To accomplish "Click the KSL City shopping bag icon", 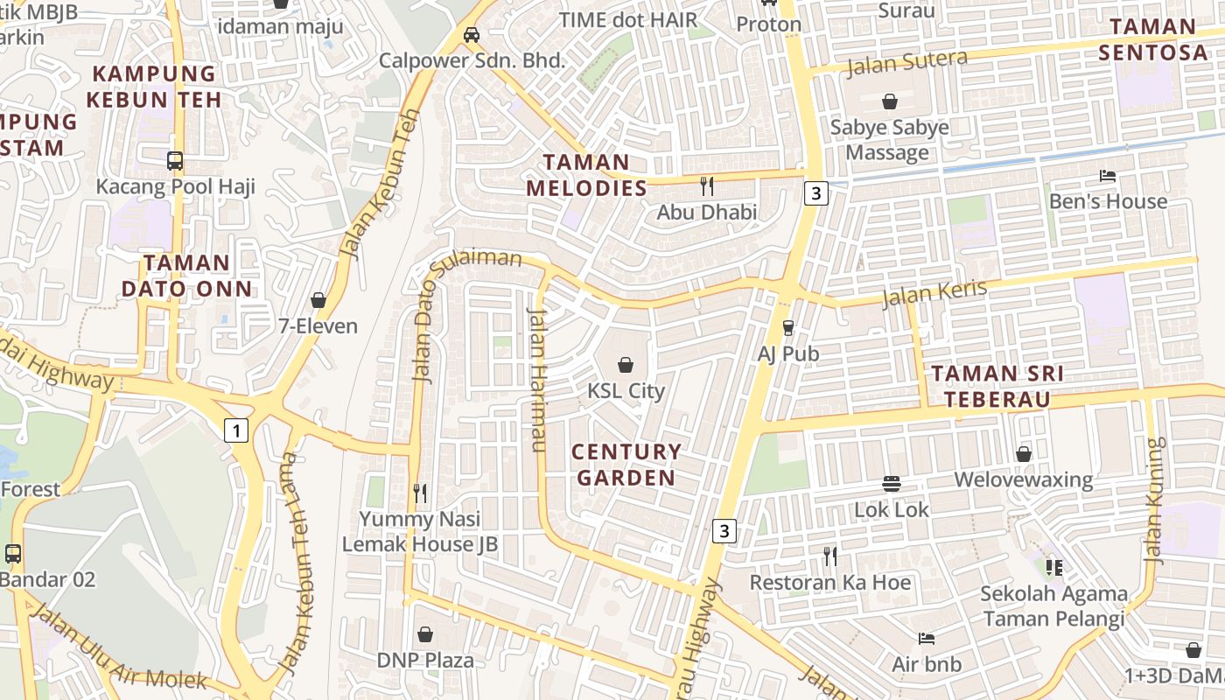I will (x=626, y=364).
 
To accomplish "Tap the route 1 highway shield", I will (x=235, y=430).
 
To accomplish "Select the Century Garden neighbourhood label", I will (x=626, y=465).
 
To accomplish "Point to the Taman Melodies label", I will (x=586, y=175).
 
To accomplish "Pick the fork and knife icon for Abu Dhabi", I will (x=707, y=185).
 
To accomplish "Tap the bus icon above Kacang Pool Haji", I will (x=175, y=161).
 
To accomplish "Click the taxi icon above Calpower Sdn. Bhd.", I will (x=471, y=35).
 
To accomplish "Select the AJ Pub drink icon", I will (x=788, y=327).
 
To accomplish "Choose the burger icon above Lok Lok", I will (x=892, y=484).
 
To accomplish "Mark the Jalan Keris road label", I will (x=934, y=293).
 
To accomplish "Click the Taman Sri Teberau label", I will (x=997, y=386).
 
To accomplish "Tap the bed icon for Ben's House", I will (x=1108, y=176).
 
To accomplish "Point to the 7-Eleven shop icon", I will (x=318, y=300).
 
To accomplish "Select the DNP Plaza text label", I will (x=425, y=660).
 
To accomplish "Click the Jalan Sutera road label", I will (x=907, y=62).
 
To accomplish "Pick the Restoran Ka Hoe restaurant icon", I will (x=829, y=556).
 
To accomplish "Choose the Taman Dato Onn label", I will (x=186, y=276).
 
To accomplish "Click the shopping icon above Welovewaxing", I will (x=1024, y=454).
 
